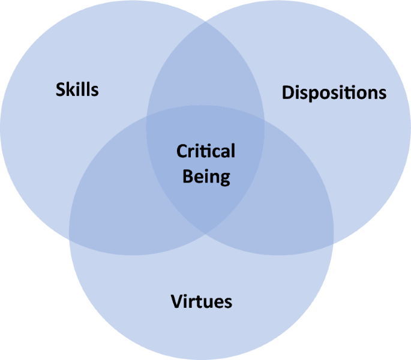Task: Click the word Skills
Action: (x=77, y=90)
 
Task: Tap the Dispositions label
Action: (x=334, y=92)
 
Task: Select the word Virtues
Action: (x=201, y=301)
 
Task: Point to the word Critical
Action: (x=206, y=151)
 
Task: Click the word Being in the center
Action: (x=206, y=177)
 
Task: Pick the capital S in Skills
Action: (x=61, y=90)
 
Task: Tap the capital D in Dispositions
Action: (x=287, y=92)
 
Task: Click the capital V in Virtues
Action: (x=176, y=301)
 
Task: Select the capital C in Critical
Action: (x=181, y=151)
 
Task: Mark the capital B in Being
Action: (x=187, y=176)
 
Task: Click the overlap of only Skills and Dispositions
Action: (x=206, y=72)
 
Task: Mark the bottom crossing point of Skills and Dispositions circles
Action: (x=206, y=233)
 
